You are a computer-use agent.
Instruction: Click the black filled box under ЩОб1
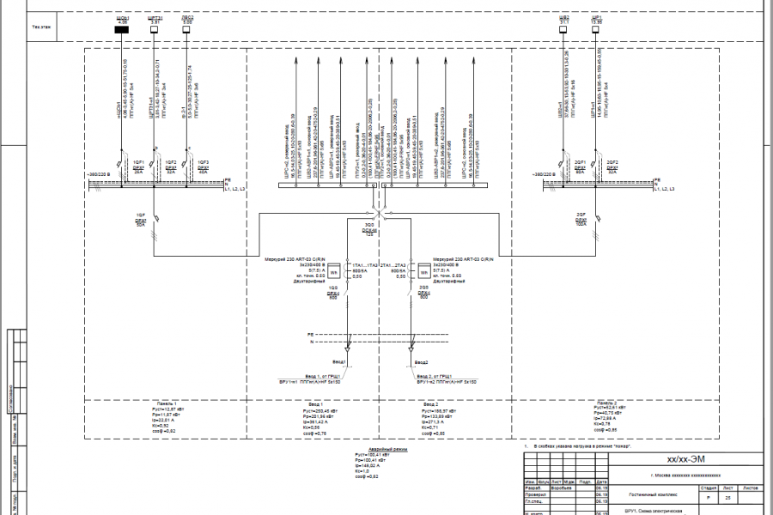122,30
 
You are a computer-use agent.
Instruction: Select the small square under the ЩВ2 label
563,30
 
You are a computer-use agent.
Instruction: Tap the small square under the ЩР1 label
595,30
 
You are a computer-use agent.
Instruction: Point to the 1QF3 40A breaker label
204,164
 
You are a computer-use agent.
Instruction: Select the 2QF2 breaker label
612,164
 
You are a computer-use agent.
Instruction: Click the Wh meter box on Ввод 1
335,274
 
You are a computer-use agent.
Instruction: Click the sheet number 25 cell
728,497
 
